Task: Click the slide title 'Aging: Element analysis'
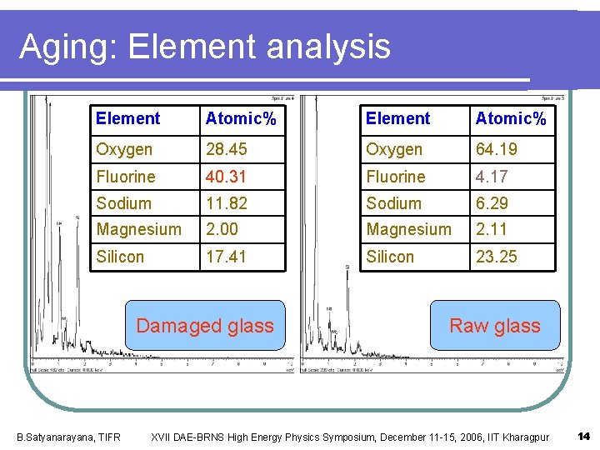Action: coord(205,47)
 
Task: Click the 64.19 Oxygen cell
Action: coord(496,149)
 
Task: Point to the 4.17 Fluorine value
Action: coord(492,177)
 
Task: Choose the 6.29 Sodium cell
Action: coord(492,203)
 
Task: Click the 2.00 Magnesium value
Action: coord(222,229)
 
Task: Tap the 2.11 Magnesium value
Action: coord(492,229)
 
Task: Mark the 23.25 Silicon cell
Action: coord(496,257)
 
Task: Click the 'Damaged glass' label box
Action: coord(205,326)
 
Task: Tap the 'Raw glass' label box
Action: coord(495,326)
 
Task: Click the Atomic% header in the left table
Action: coord(241,119)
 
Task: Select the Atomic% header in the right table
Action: coord(511,119)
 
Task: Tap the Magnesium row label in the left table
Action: coord(138,229)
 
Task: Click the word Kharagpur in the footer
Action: coord(523,437)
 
